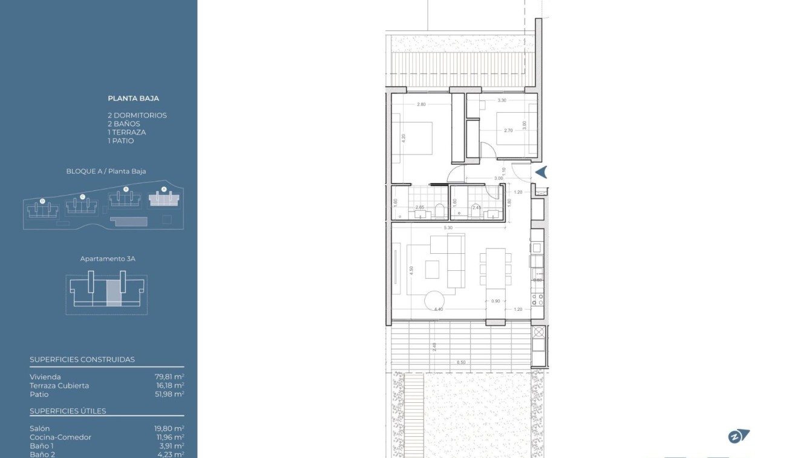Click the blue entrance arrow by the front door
541,172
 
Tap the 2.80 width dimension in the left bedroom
421,104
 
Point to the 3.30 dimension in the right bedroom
502,100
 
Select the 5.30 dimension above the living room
448,228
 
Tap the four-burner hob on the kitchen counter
537,298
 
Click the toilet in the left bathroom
440,210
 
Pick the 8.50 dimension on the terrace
461,362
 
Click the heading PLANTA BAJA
133,98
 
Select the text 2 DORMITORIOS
137,115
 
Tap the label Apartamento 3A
108,259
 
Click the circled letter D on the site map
42,201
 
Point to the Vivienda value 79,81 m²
169,377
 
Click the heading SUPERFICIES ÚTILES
68,411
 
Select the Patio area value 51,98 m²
169,394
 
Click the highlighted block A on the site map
163,199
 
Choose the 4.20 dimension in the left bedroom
404,138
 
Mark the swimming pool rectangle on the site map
130,221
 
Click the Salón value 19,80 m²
169,428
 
